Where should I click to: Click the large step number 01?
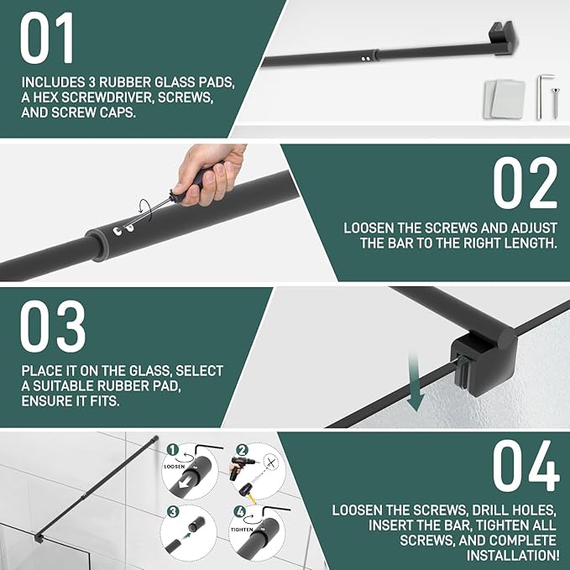(x=47, y=38)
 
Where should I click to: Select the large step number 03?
(x=53, y=327)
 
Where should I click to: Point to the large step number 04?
(x=526, y=466)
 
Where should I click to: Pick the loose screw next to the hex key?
(x=556, y=102)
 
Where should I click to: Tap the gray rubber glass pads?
(x=505, y=99)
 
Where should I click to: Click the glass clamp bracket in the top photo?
(x=504, y=38)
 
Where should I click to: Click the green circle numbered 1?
(x=173, y=450)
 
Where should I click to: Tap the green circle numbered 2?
(x=243, y=450)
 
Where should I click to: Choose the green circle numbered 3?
(x=173, y=512)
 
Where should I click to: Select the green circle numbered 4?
(x=240, y=512)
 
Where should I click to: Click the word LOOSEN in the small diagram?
(x=174, y=467)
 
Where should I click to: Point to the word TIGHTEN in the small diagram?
(x=242, y=530)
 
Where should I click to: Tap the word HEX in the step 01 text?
(x=46, y=97)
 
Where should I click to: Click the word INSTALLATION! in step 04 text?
(x=512, y=555)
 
